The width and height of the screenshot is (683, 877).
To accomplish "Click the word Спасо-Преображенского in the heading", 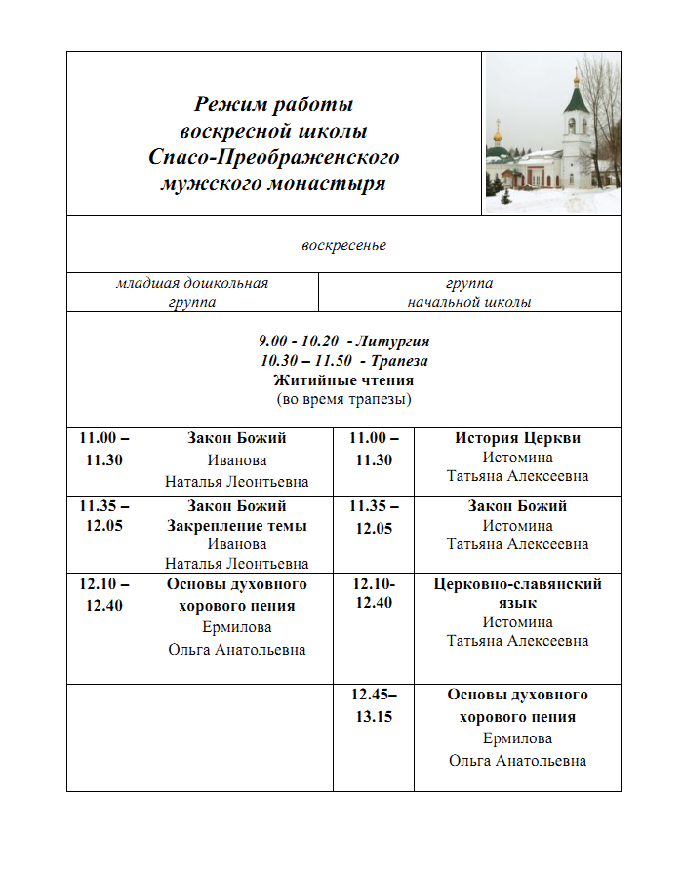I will point(274,157).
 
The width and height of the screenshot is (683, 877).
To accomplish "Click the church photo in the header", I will point(552,133).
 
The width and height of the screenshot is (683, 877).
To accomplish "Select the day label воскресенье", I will point(343,245).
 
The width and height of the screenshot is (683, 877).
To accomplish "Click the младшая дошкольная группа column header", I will point(192,293).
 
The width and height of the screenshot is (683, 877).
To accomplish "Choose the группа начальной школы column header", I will point(469,293).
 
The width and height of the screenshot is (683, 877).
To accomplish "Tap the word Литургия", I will point(392,341).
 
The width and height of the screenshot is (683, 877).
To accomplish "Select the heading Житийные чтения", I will point(343,380).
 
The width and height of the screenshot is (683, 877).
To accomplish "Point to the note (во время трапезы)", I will point(343,400).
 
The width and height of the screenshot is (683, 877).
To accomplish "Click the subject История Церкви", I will point(517,438).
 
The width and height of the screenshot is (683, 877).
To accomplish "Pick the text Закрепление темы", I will point(237,526).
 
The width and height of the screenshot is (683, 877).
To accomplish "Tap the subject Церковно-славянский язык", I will point(517,594).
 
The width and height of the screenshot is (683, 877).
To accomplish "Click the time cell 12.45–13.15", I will point(373,705).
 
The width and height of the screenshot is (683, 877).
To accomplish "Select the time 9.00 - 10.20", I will point(299,341).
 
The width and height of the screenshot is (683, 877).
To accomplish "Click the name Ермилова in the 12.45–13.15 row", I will point(517,738).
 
